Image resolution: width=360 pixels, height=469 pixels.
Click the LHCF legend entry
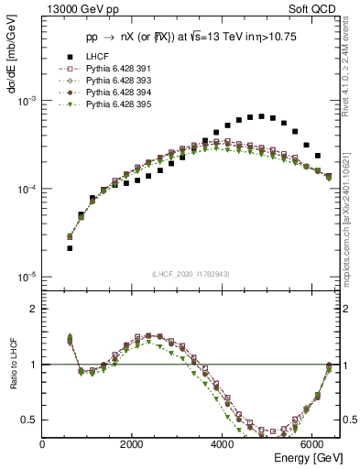(x=95, y=82)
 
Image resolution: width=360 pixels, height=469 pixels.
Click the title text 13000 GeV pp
(x=76, y=8)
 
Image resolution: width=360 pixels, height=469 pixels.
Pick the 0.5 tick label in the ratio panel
(x=31, y=420)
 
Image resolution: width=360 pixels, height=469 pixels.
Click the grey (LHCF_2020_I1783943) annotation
(x=191, y=274)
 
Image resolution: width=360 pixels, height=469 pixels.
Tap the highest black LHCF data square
(x=261, y=116)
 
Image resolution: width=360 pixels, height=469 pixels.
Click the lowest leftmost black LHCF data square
(x=70, y=248)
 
